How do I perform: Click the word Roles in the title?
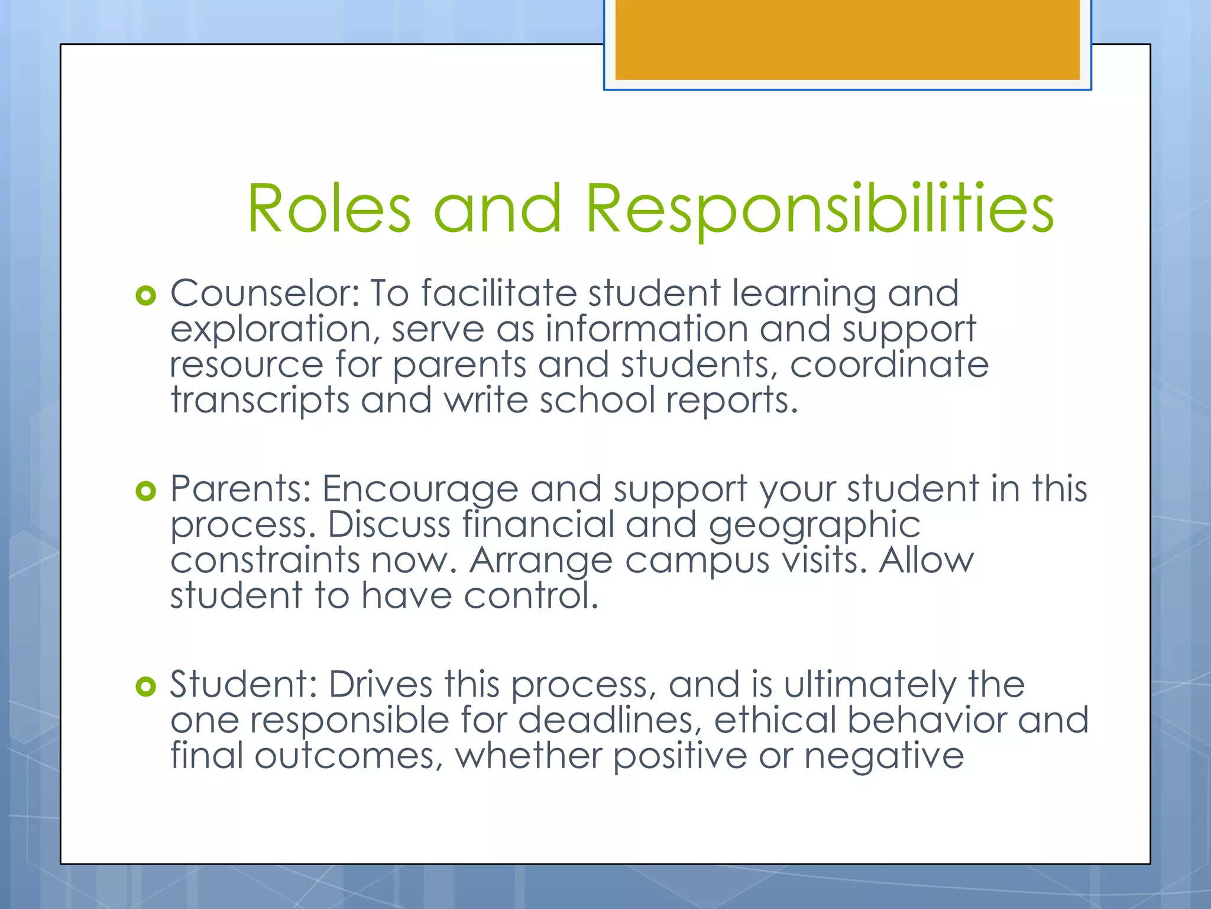click(x=328, y=208)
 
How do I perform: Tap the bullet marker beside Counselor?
click(x=145, y=295)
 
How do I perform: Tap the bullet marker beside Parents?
click(x=145, y=491)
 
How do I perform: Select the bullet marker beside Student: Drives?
click(x=145, y=686)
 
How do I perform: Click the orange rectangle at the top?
click(x=847, y=40)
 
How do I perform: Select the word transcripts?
click(x=260, y=401)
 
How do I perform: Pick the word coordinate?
click(x=889, y=365)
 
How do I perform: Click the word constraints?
click(x=265, y=560)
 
